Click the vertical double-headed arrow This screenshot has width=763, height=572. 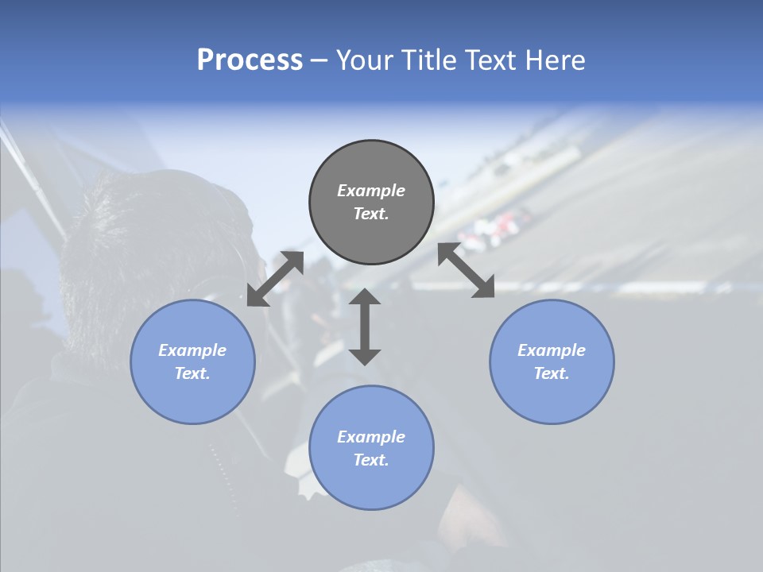[x=365, y=327]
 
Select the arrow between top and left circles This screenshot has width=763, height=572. [x=275, y=279]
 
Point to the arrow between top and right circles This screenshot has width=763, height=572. [x=467, y=270]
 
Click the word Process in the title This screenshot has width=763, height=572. [x=250, y=60]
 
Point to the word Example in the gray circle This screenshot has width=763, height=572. [x=371, y=191]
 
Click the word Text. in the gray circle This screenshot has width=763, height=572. [x=371, y=214]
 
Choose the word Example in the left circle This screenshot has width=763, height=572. [x=192, y=350]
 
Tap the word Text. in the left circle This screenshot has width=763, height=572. [x=192, y=373]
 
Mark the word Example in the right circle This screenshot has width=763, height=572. [x=552, y=350]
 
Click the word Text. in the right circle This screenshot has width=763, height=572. [x=552, y=373]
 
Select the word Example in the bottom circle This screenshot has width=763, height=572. [x=371, y=437]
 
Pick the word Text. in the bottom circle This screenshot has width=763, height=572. [x=371, y=460]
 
